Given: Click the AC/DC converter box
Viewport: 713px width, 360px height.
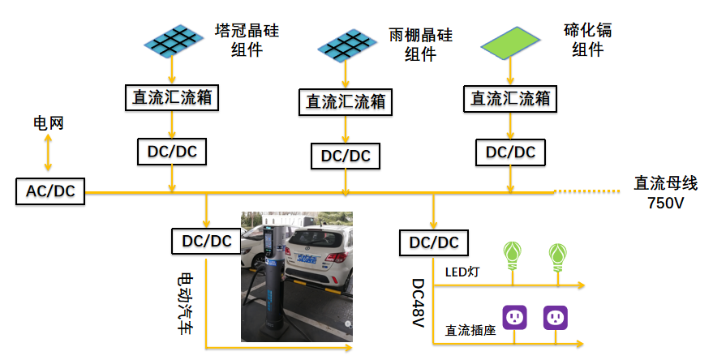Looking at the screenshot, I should [x=50, y=191].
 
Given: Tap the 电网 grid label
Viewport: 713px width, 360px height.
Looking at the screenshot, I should [x=48, y=123].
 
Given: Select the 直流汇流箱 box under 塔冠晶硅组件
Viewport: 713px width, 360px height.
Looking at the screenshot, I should [x=172, y=97].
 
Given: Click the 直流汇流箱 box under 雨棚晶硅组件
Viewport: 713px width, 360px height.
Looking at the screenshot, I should [x=346, y=101].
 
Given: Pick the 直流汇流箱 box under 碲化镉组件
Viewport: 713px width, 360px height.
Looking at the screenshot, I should [x=511, y=98].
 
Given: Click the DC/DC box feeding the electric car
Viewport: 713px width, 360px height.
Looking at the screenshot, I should [x=206, y=241].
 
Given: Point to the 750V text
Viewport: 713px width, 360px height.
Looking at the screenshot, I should [x=665, y=203].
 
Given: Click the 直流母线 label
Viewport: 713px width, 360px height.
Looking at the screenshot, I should [x=665, y=183].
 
